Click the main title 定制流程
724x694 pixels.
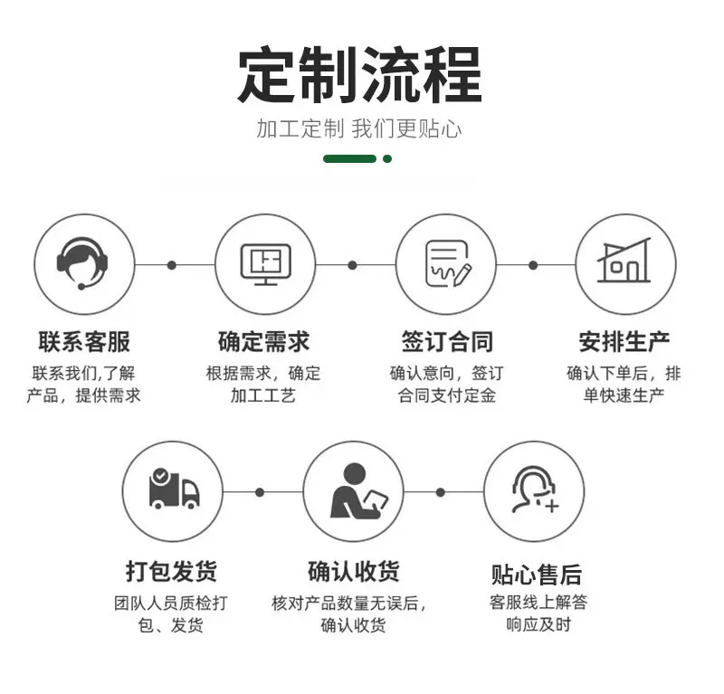(359, 74)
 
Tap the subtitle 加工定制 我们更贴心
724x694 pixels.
(359, 128)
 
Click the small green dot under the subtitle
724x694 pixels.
(387, 159)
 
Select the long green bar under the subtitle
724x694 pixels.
(350, 159)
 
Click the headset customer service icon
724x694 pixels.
(83, 263)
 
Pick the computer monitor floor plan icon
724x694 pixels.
(266, 264)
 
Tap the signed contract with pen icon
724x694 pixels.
(447, 263)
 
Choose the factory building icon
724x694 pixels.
(624, 261)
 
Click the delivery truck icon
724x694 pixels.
(174, 489)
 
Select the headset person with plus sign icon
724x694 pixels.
(535, 490)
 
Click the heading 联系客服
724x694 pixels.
(84, 342)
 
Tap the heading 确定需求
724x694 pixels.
(263, 342)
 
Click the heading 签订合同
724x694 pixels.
(447, 342)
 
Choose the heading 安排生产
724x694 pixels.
(624, 342)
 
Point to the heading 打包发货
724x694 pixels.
(171, 571)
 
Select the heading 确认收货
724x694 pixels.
(354, 571)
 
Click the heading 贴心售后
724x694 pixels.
(537, 575)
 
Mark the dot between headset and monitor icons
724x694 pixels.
(172, 265)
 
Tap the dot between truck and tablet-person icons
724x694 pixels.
(260, 493)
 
